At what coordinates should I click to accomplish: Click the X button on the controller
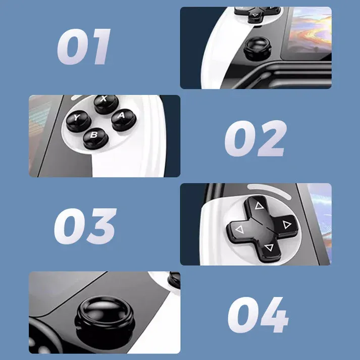pos(104,102)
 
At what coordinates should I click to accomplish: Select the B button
pos(94,135)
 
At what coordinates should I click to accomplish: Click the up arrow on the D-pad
pos(259,205)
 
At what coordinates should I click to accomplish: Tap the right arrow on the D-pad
pos(286,225)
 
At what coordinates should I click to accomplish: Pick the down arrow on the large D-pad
pos(268,247)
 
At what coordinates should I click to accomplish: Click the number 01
pos(83,47)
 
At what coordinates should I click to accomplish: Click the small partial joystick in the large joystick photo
pos(174,278)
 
